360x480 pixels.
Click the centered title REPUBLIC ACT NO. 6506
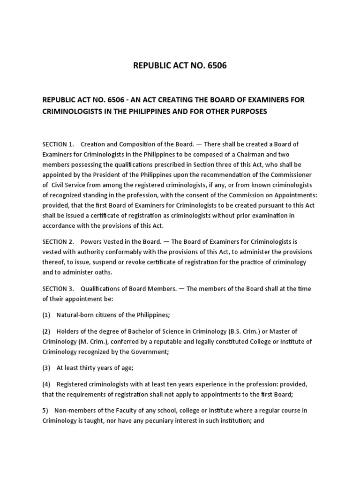click(180, 66)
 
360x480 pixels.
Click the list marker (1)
click(47, 315)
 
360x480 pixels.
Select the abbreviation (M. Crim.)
click(82, 342)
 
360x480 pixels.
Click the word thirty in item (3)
click(84, 368)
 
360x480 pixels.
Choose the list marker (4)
click(47, 384)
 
